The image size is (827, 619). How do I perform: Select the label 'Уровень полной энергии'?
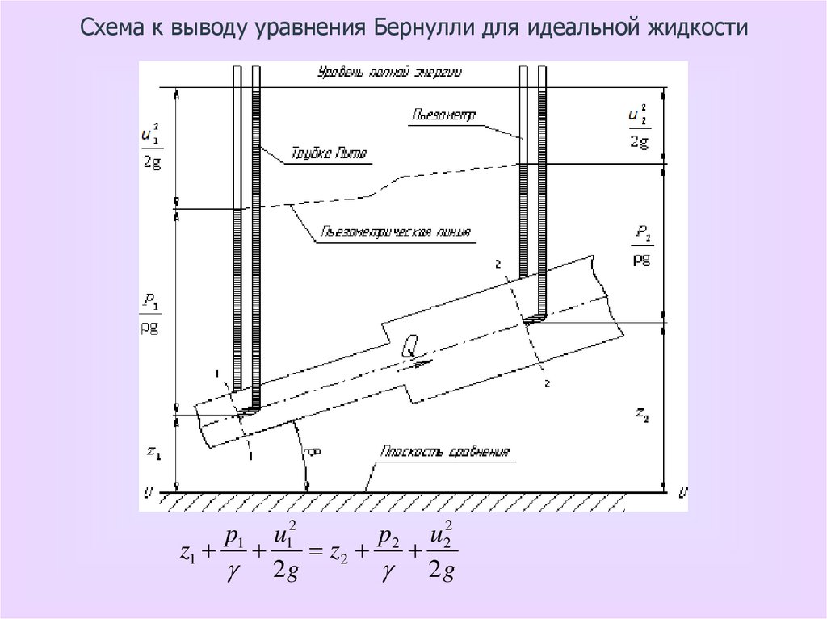coord(388,73)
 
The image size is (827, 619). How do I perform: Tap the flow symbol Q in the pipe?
coord(409,347)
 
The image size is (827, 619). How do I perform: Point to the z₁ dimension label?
coord(153,453)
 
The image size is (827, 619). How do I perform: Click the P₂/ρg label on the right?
coord(643,246)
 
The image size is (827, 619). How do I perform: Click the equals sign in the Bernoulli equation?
coord(317,553)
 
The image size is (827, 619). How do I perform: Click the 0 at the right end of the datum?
coord(683,491)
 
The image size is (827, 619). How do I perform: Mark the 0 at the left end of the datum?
coord(146,491)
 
